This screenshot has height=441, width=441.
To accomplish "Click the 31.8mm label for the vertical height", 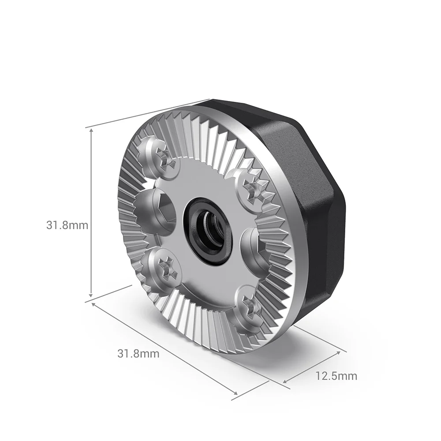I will point(67,225).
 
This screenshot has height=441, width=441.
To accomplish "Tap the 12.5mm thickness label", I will point(336,376).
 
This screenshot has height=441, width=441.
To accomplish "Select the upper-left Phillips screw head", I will point(159,157).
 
